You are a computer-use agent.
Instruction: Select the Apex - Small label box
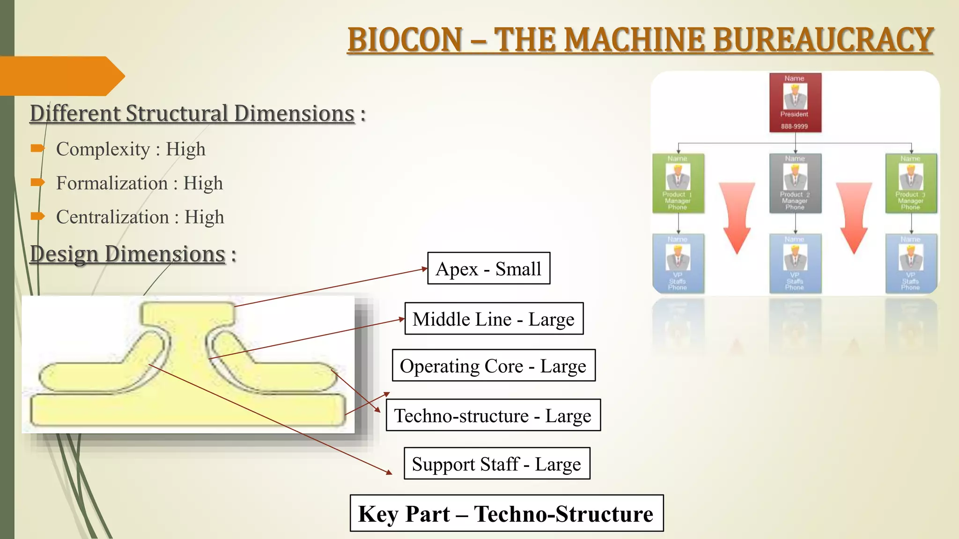click(x=489, y=269)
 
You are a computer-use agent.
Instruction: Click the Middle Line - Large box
click(x=494, y=319)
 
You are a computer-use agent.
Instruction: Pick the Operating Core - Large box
click(x=494, y=365)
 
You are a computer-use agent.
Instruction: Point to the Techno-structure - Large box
click(x=493, y=415)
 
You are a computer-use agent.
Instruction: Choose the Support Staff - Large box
click(x=497, y=464)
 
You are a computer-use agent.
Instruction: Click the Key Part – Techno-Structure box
click(x=507, y=513)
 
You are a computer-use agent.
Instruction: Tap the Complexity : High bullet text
click(x=131, y=149)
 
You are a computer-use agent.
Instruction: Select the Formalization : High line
click(x=140, y=183)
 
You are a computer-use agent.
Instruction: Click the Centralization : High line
click(x=140, y=217)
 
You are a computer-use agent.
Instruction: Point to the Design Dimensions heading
click(x=128, y=254)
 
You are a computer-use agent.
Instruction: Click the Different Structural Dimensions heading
click(x=192, y=114)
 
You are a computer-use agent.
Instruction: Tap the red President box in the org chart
click(x=795, y=102)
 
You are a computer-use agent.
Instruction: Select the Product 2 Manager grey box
click(x=795, y=183)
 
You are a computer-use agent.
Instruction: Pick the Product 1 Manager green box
click(x=678, y=183)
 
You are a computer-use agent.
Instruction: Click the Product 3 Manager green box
click(x=911, y=183)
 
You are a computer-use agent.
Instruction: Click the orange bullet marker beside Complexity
click(x=37, y=149)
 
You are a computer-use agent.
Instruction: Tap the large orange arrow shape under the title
click(x=61, y=76)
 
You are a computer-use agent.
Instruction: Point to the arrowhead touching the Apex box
click(x=425, y=269)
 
